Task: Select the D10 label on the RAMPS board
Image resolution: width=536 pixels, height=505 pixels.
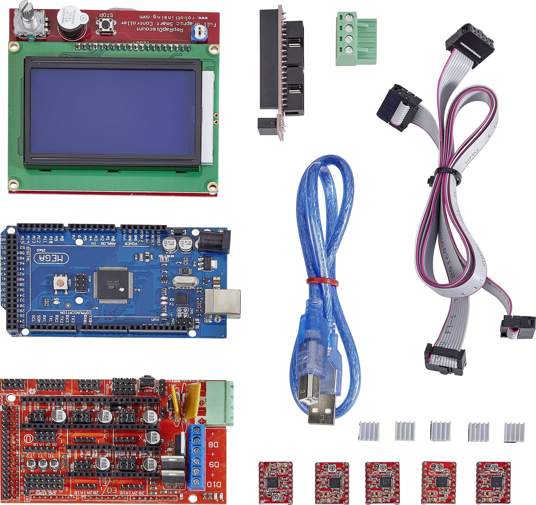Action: (x=214, y=485)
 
